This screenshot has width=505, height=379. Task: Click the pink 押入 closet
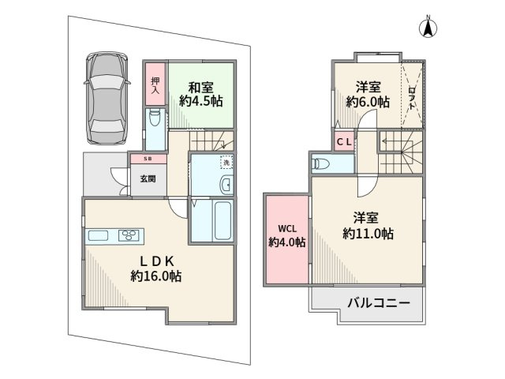tap(155, 85)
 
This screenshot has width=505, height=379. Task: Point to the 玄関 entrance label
tap(148, 179)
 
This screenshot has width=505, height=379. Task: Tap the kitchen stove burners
tap(129, 235)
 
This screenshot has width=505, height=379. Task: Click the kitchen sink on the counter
tap(99, 235)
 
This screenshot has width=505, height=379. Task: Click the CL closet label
tap(344, 142)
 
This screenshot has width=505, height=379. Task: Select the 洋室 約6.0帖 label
tap(367, 94)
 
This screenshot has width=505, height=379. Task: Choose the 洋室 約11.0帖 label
tap(368, 226)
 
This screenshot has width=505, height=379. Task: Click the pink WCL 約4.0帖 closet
tap(286, 235)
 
